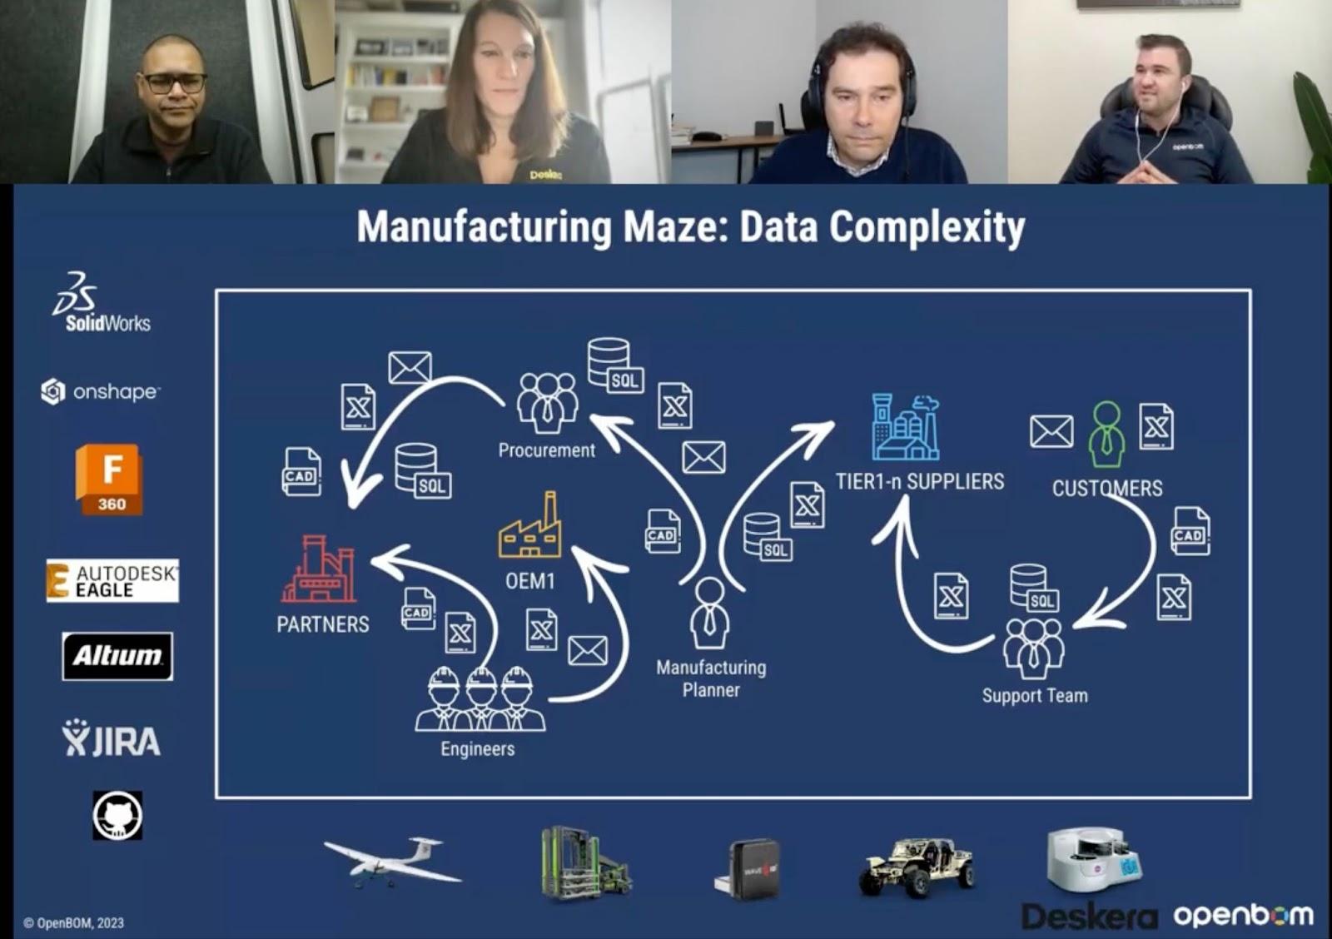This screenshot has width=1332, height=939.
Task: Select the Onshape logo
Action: pyautogui.click(x=100, y=391)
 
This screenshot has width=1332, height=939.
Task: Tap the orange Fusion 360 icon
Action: pyautogui.click(x=109, y=479)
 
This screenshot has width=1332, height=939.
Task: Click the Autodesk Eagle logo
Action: pyautogui.click(x=112, y=580)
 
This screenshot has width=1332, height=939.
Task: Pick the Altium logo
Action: pyautogui.click(x=117, y=656)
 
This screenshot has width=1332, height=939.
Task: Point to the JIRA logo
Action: pyautogui.click(x=112, y=738)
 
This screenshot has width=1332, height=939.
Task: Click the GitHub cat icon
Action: pyautogui.click(x=117, y=815)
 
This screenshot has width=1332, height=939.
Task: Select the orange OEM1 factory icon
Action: pyautogui.click(x=530, y=527)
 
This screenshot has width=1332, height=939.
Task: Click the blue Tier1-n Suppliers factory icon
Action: pyautogui.click(x=905, y=428)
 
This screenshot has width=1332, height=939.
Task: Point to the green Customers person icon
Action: pyautogui.click(x=1106, y=434)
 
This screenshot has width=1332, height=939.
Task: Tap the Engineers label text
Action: pyautogui.click(x=478, y=749)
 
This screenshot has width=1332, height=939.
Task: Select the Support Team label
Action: pyautogui.click(x=1035, y=696)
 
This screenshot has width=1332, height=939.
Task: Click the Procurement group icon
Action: pyautogui.click(x=547, y=402)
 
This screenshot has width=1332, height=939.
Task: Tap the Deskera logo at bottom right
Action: pyautogui.click(x=1089, y=917)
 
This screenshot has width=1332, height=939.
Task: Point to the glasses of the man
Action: pyautogui.click(x=174, y=83)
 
